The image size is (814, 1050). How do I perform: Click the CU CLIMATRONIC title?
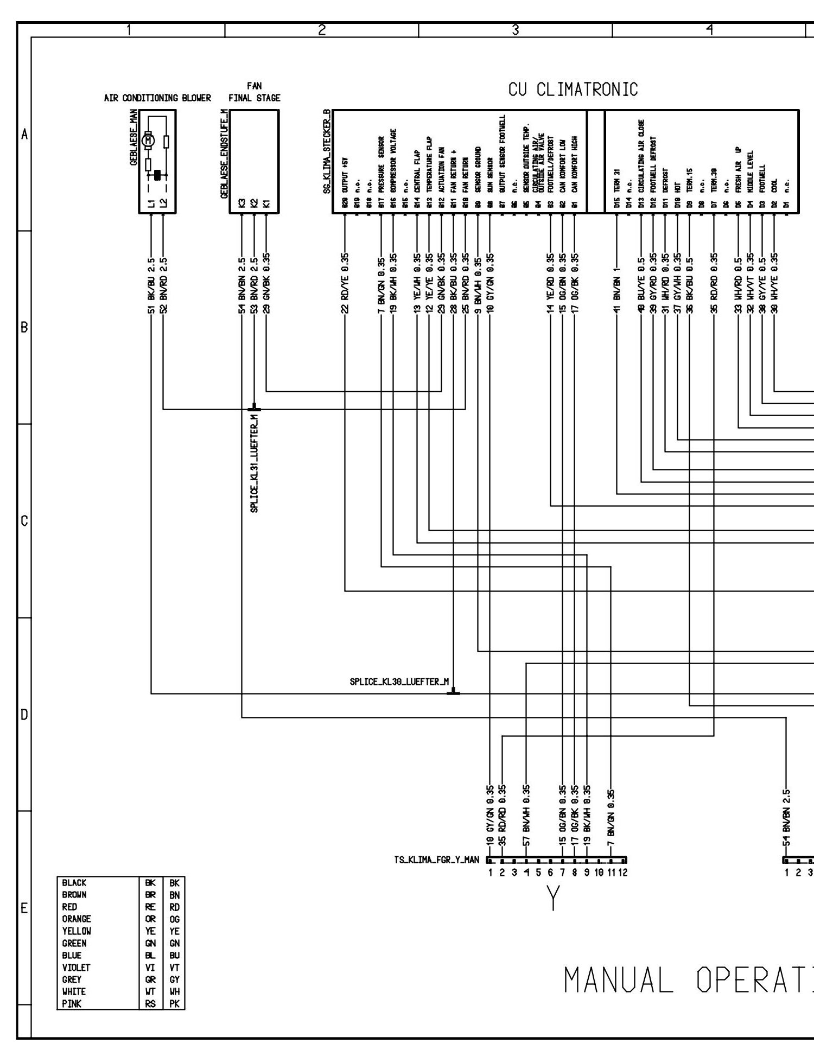[x=573, y=90]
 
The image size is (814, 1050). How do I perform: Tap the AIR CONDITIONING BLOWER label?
[x=157, y=98]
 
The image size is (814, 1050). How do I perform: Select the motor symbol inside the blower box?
[x=148, y=141]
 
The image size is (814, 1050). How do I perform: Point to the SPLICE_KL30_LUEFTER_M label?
[x=399, y=682]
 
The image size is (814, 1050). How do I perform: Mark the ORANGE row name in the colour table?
[x=77, y=919]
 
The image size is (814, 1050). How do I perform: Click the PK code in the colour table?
[x=174, y=1003]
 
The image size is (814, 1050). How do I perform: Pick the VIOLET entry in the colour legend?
[x=76, y=968]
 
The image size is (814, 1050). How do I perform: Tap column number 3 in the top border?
[x=515, y=30]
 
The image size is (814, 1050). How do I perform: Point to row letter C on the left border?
[x=24, y=521]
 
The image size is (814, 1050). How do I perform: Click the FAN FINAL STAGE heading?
[x=254, y=92]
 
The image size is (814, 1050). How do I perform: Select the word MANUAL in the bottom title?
[x=619, y=980]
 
